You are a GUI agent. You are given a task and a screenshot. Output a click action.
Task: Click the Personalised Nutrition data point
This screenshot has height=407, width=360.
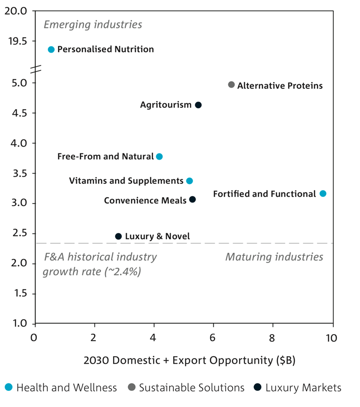coord(51,49)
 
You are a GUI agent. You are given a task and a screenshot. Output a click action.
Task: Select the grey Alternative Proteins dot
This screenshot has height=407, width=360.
coord(231,85)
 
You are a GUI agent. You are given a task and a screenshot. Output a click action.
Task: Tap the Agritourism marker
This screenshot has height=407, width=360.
coord(198,105)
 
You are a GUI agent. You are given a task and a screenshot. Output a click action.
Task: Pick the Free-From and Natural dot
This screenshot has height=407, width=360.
coord(159,157)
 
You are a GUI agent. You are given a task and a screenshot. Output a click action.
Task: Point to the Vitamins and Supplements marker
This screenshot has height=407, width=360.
coord(189,181)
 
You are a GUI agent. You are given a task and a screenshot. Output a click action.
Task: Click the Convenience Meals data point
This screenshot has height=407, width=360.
coord(193,199)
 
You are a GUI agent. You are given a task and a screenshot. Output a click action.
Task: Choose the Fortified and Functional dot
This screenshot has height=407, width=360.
coord(323,193)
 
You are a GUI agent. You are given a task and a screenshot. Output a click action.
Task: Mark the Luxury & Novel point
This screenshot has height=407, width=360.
coord(118,236)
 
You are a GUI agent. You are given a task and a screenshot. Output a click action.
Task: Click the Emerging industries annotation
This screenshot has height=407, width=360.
coord(93,24)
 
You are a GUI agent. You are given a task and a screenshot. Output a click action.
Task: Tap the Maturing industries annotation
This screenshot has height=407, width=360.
coord(274,257)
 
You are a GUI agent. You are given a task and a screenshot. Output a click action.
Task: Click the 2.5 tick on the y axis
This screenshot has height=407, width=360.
coord(19,233)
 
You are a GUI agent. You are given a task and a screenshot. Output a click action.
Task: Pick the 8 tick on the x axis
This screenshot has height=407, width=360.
coord(272,338)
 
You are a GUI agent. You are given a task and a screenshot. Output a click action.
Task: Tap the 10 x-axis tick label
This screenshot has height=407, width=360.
coord(331,338)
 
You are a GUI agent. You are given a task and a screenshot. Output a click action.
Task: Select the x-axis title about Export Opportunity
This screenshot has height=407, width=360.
coord(189,361)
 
